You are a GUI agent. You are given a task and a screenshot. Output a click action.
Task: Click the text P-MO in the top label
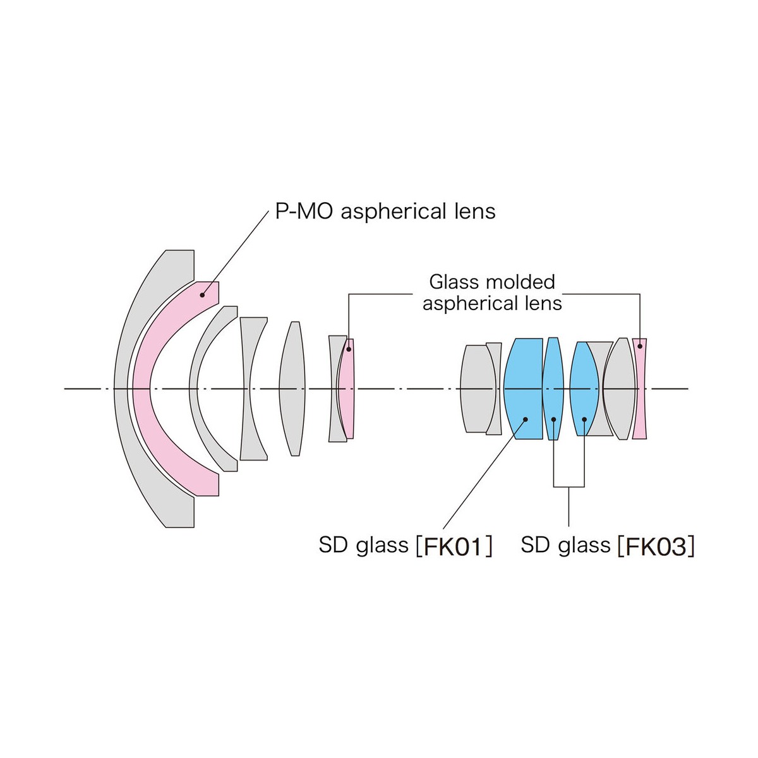[304, 211]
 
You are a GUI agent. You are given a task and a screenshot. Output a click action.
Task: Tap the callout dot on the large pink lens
[203, 294]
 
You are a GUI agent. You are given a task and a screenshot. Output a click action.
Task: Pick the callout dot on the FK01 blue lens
[525, 419]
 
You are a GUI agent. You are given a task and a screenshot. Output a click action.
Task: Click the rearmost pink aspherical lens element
[640, 388]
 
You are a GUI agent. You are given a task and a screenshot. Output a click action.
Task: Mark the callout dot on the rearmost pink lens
[640, 346]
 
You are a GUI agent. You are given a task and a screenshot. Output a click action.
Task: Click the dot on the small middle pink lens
[348, 349]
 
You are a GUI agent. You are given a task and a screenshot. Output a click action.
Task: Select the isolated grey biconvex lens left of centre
[293, 388]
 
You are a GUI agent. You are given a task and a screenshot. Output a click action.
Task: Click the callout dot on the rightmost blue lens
[585, 419]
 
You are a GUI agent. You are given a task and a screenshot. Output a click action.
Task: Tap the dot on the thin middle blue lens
[553, 419]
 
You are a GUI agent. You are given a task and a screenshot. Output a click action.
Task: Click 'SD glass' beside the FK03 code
[565, 544]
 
